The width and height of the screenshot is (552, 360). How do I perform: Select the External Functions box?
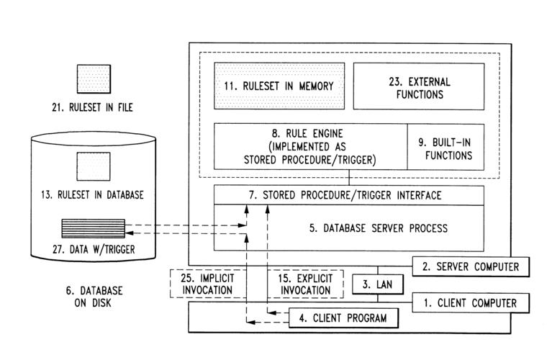click(x=417, y=86)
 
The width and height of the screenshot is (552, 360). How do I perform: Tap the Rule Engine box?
click(x=309, y=147)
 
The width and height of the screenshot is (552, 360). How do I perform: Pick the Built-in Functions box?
click(x=445, y=147)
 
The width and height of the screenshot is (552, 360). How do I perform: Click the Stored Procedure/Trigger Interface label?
click(x=348, y=195)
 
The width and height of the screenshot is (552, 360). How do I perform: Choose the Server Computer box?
click(x=471, y=266)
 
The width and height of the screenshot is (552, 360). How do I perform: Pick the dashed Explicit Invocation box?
click(x=300, y=283)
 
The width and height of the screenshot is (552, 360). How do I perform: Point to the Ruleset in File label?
click(x=96, y=108)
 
